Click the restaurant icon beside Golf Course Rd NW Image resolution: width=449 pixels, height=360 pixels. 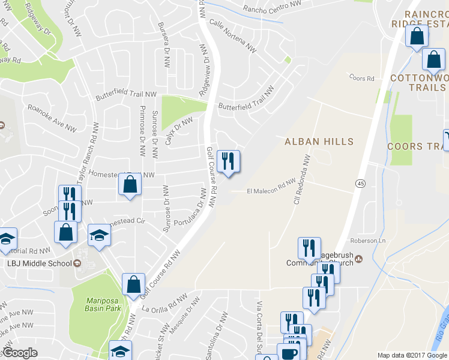coord(228,161)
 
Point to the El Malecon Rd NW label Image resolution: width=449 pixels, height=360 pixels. coord(272,188)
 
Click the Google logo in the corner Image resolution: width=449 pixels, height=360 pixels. coord(20,353)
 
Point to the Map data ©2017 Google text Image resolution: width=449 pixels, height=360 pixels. coord(412,355)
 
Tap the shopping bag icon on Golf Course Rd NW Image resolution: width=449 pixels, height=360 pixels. coord(133,284)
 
